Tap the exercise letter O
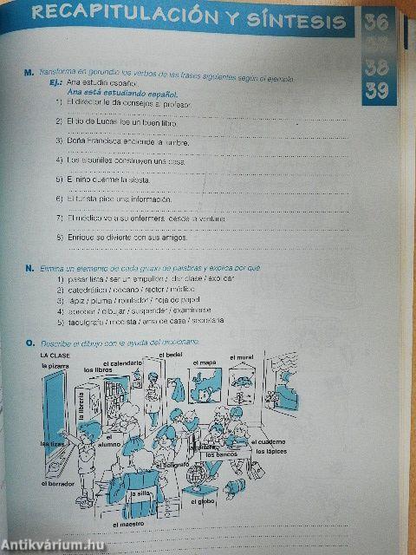point(29,344)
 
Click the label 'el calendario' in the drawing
point(123,362)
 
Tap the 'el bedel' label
point(174,355)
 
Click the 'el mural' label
point(243,356)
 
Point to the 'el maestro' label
point(127,524)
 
